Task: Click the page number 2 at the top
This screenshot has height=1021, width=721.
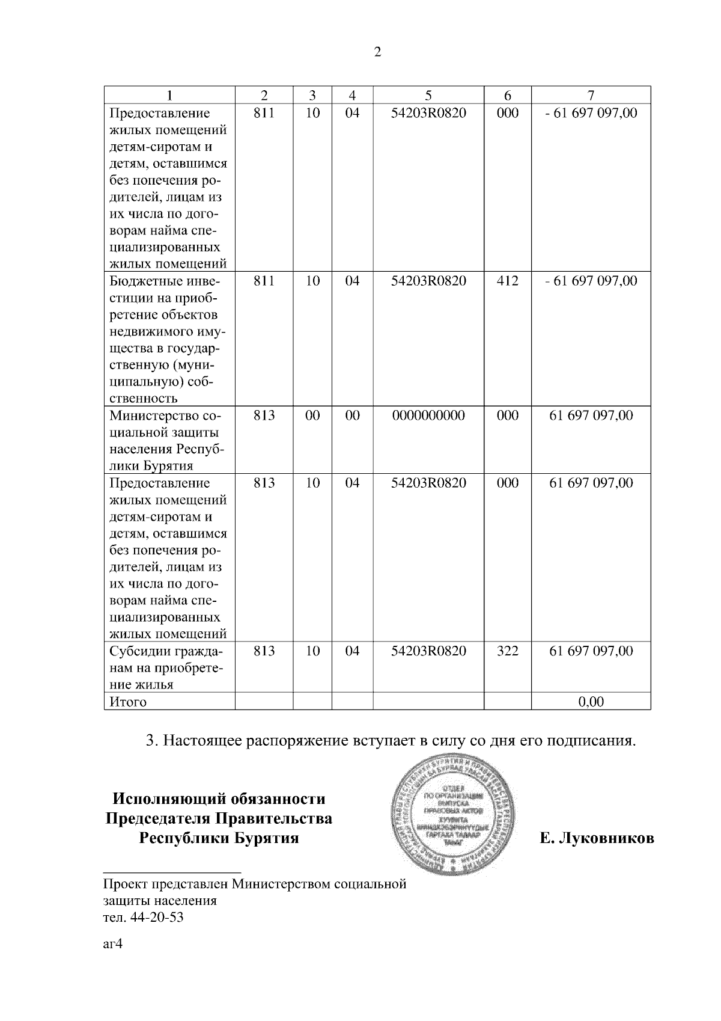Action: pyautogui.click(x=377, y=52)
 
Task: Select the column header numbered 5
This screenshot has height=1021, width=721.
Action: pyautogui.click(x=428, y=95)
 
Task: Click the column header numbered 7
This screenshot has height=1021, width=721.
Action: pyautogui.click(x=591, y=95)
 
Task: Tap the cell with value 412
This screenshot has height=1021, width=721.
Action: pyautogui.click(x=508, y=281)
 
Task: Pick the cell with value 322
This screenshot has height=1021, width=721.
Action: pyautogui.click(x=508, y=651)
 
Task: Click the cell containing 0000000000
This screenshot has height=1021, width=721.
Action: pyautogui.click(x=428, y=415)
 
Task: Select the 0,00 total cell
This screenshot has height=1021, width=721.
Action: pyautogui.click(x=591, y=701)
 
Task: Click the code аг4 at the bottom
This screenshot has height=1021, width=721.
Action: pyautogui.click(x=113, y=944)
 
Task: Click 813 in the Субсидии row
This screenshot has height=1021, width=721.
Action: pyautogui.click(x=264, y=651)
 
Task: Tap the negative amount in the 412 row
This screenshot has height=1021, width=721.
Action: pyautogui.click(x=591, y=281)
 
